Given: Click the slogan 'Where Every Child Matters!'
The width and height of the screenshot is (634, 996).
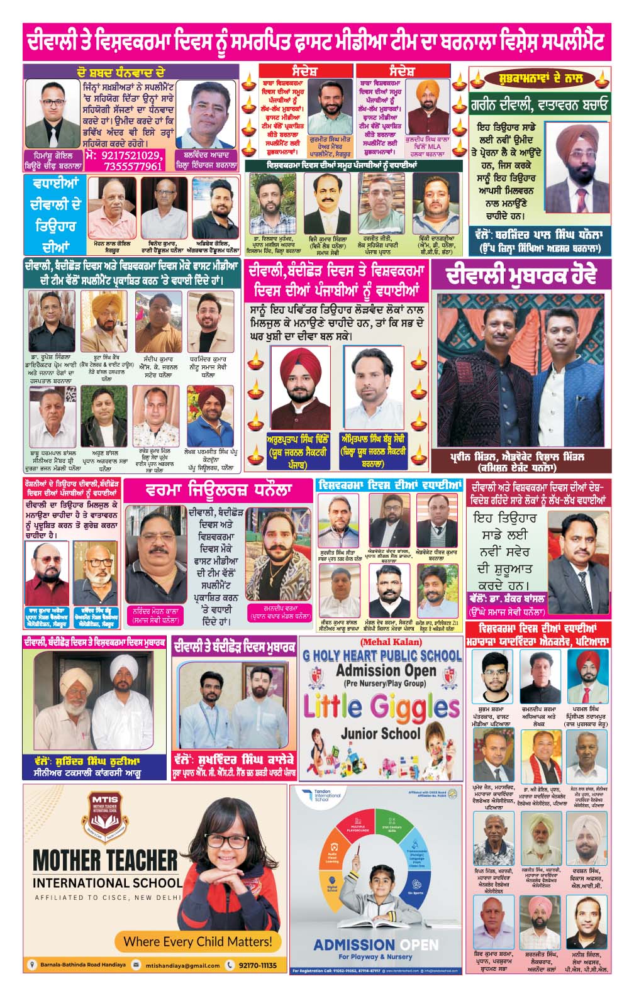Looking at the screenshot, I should (x=198, y=941).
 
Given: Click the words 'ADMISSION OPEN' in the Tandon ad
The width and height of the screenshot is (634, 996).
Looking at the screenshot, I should (x=375, y=945).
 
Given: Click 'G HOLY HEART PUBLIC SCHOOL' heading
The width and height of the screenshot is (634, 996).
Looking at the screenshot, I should (x=382, y=655).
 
